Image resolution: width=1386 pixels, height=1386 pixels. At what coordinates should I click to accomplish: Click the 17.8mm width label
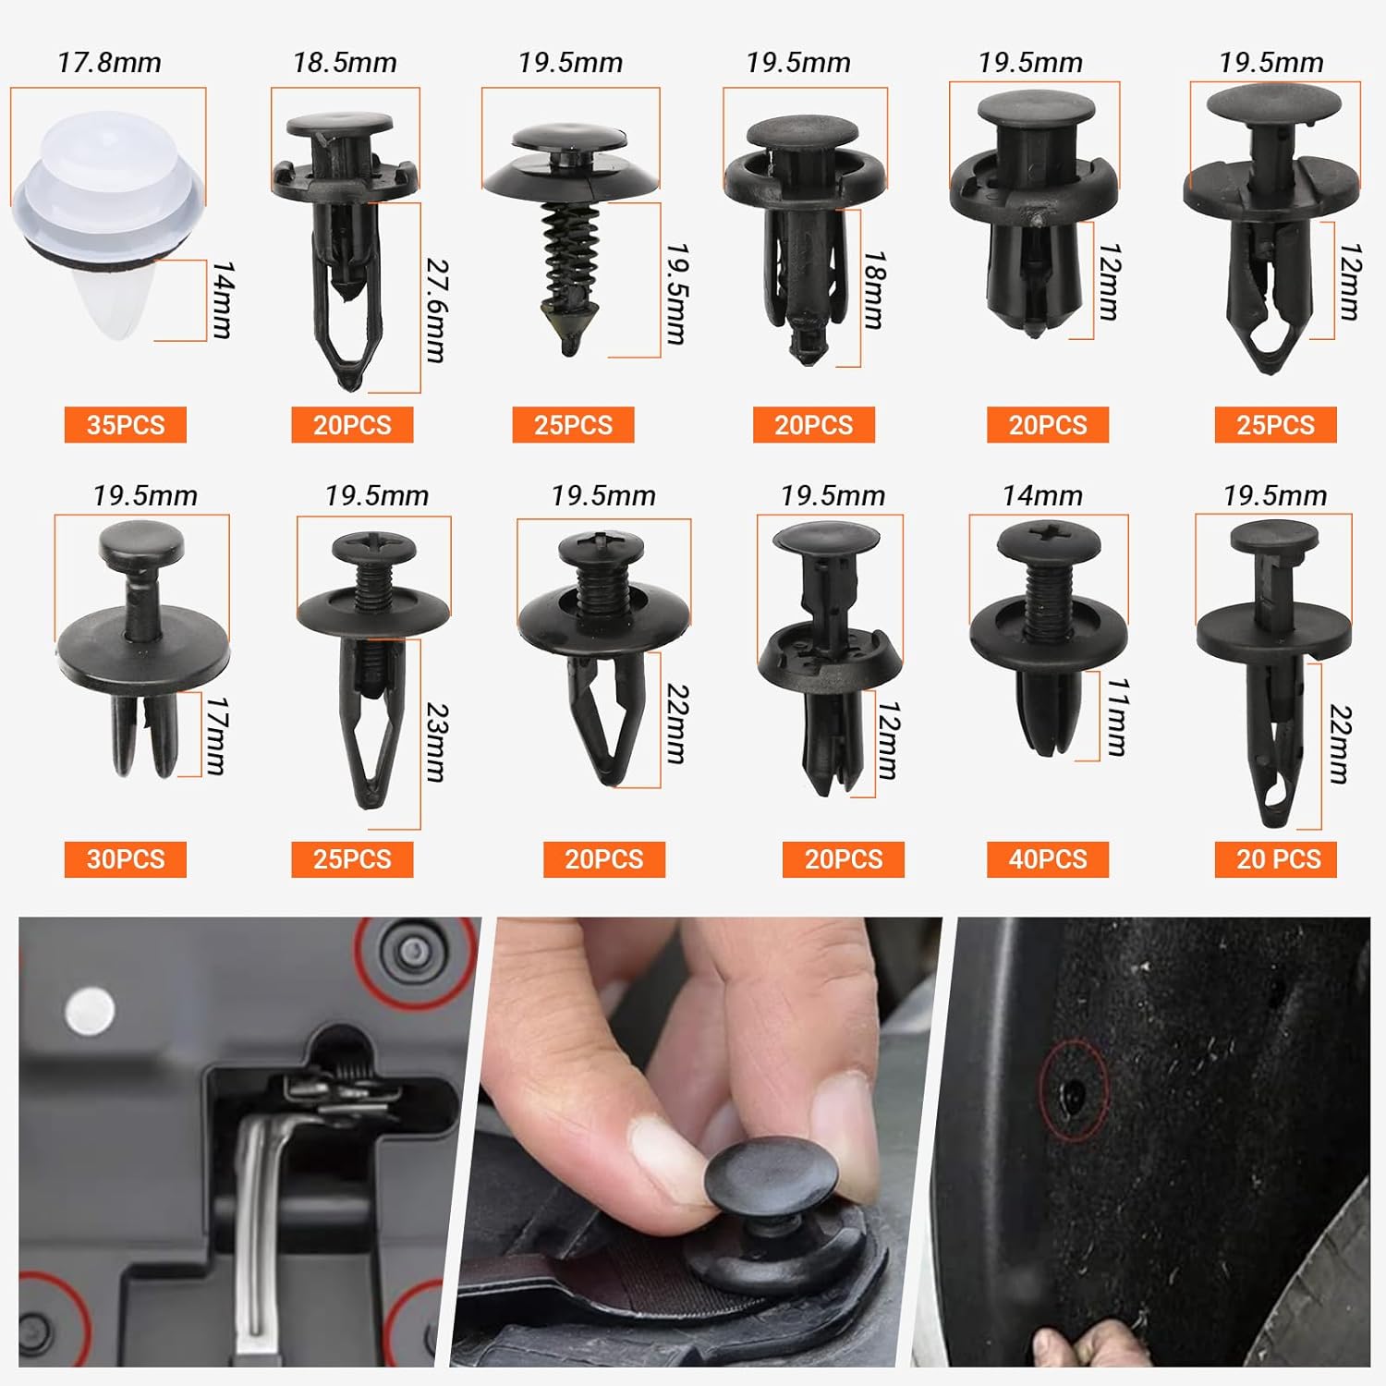pyautogui.click(x=109, y=63)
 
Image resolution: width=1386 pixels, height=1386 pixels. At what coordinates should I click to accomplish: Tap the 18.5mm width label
pyautogui.click(x=345, y=63)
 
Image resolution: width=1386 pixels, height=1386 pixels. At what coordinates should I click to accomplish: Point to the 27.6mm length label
pyautogui.click(x=436, y=310)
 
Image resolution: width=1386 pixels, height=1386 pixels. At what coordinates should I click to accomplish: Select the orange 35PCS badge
pyautogui.click(x=126, y=425)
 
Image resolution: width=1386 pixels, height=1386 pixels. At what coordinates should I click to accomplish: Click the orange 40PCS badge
pyautogui.click(x=1048, y=858)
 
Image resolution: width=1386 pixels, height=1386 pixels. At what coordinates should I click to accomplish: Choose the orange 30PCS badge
pyautogui.click(x=126, y=858)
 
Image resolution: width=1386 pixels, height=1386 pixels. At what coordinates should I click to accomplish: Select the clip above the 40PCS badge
pyautogui.click(x=1049, y=638)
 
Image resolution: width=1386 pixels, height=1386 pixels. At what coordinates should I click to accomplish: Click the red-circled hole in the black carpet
pyautogui.click(x=1073, y=1093)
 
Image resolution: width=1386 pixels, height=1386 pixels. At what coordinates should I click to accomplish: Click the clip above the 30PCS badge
pyautogui.click(x=143, y=647)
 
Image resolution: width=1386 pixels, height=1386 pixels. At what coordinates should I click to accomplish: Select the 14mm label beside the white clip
pyautogui.click(x=223, y=299)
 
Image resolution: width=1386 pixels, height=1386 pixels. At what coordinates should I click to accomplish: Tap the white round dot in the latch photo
pyautogui.click(x=90, y=1009)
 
